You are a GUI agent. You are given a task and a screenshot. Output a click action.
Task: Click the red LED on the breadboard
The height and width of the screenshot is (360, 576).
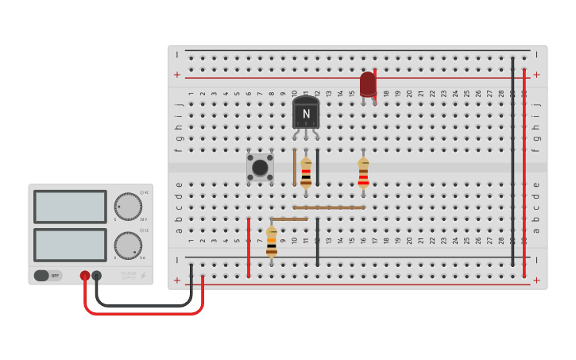(368, 84)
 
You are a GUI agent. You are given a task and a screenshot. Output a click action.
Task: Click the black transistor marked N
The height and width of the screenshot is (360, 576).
(306, 114)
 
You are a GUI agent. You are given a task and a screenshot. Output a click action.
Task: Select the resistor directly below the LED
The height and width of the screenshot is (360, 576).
(363, 172)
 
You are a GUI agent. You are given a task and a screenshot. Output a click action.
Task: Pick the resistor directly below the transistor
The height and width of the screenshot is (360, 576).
(306, 172)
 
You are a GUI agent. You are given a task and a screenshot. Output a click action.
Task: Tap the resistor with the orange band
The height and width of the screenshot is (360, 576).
(272, 242)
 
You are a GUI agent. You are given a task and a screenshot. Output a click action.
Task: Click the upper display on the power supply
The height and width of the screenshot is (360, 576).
(70, 207)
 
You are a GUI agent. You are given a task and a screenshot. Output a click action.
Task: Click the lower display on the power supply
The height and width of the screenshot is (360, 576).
(70, 245)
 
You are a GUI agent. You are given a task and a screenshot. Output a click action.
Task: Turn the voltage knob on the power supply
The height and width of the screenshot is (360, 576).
(127, 206)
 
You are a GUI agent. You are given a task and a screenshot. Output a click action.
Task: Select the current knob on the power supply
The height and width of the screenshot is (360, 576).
(127, 245)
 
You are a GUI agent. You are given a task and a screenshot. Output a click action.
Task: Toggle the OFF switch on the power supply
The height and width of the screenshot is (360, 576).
(47, 276)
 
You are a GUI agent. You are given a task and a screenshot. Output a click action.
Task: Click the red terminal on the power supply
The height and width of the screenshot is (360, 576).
(85, 276)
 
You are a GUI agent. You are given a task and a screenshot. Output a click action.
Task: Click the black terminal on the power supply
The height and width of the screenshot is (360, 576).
(97, 276)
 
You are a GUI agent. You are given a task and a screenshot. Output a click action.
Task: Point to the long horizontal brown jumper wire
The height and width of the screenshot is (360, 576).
(329, 207)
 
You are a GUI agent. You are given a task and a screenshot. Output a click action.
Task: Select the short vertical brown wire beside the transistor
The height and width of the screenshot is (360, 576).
(295, 167)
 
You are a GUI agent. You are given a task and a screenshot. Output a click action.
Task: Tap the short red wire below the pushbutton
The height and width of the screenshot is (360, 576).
(249, 247)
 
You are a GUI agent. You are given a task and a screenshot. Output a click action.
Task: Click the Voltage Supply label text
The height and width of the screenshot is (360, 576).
(129, 275)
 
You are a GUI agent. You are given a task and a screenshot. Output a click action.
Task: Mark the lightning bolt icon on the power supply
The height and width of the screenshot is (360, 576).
(143, 275)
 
